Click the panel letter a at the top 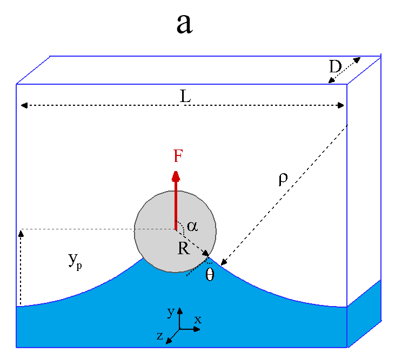click(x=184, y=24)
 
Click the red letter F click(x=178, y=157)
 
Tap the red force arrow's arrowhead click(x=176, y=175)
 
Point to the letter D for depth click(x=336, y=67)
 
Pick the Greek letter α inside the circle click(x=192, y=226)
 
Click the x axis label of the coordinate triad click(x=198, y=320)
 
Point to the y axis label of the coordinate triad click(x=170, y=312)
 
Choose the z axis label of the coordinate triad click(x=160, y=336)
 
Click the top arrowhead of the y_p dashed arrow click(x=21, y=233)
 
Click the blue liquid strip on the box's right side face click(x=364, y=313)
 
